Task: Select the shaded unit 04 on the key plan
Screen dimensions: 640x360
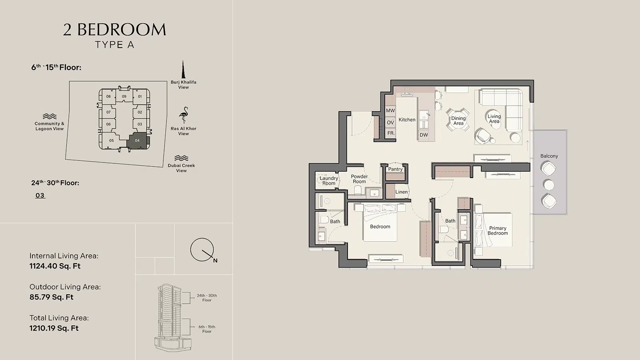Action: (x=138, y=140)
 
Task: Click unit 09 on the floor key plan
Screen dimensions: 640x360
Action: (x=124, y=96)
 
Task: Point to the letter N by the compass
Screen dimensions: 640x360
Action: (x=215, y=260)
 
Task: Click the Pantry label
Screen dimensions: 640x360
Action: (x=395, y=169)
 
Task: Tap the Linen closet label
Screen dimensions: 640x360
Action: (x=402, y=192)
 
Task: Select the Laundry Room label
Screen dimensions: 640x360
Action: (x=329, y=180)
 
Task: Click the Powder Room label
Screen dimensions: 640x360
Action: (x=359, y=179)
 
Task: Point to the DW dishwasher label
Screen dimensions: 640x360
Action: (x=424, y=135)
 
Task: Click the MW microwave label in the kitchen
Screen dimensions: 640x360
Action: (x=390, y=110)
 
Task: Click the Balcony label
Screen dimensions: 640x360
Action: (x=549, y=156)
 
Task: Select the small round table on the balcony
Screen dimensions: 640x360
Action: (x=548, y=185)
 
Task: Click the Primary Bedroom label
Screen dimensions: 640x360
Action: (x=498, y=230)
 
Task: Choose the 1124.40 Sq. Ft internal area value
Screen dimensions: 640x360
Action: (x=55, y=266)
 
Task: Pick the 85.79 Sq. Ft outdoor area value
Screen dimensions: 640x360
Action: (x=52, y=297)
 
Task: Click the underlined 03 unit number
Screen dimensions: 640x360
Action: (x=40, y=196)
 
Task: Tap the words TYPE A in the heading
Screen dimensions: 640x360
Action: (x=114, y=45)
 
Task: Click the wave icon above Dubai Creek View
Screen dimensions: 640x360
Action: (x=181, y=158)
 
